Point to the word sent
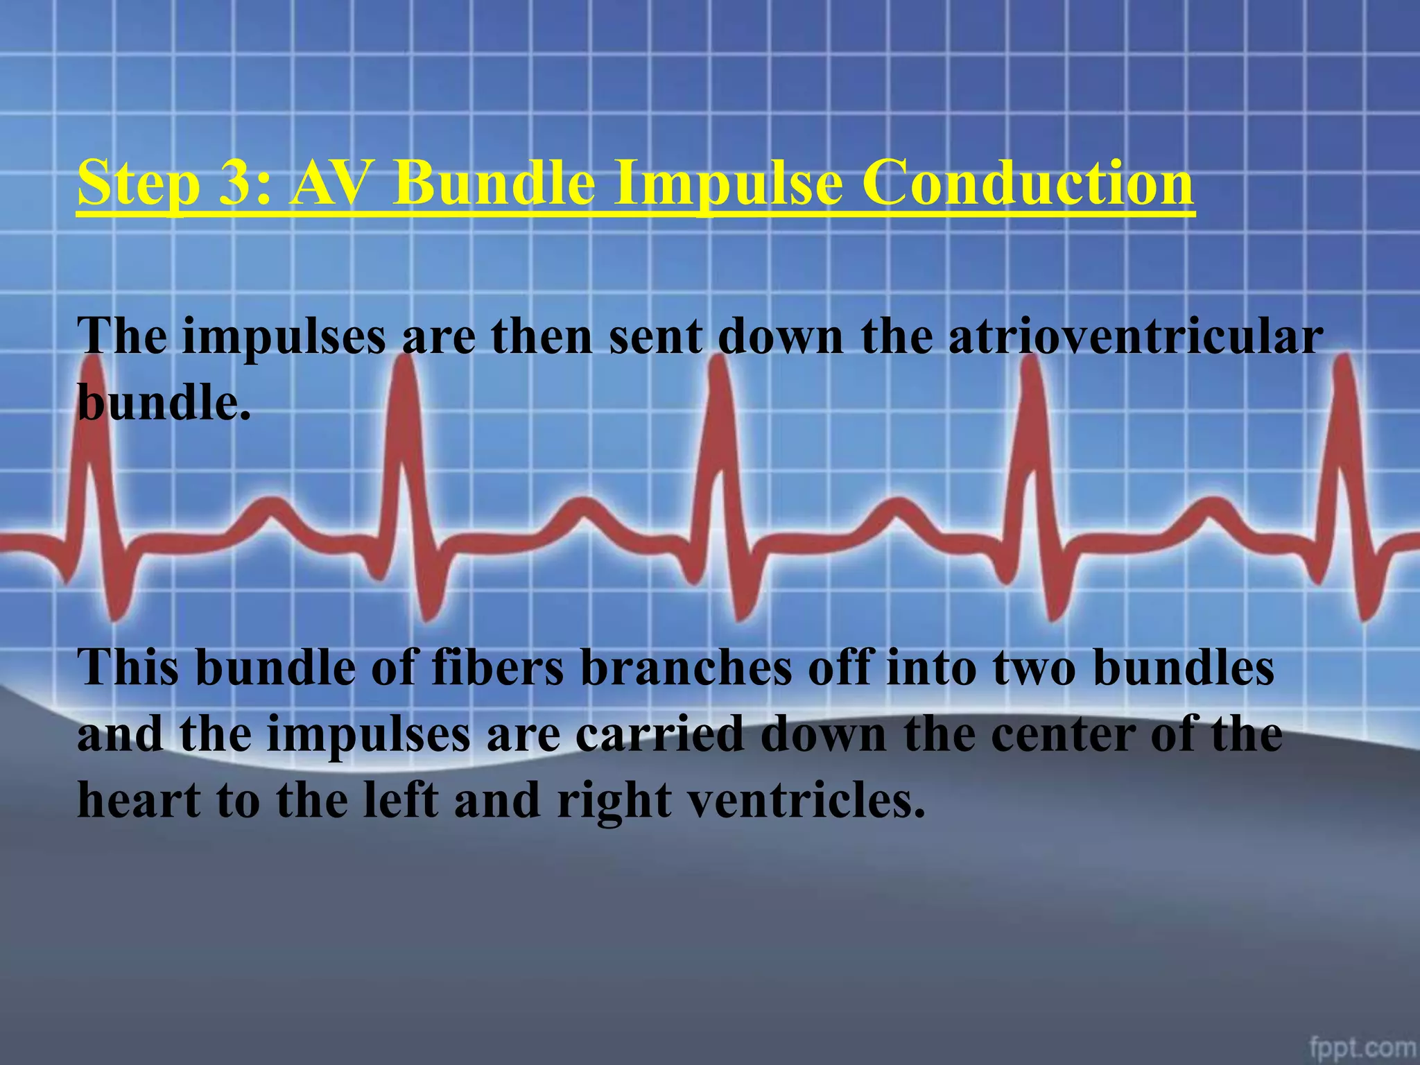click(x=655, y=337)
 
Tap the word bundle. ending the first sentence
click(x=164, y=402)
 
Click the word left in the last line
click(x=401, y=800)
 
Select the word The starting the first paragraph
click(x=122, y=337)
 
